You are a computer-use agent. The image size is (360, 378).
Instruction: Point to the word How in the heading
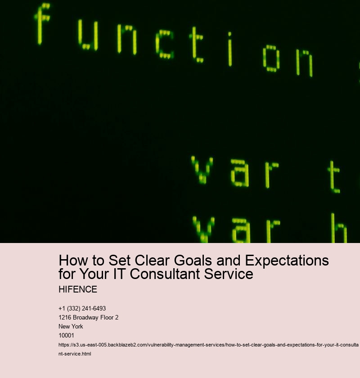tap(72, 261)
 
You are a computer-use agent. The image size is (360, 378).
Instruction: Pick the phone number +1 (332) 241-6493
tap(82, 308)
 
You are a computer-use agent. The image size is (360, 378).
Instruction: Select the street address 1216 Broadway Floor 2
tap(88, 317)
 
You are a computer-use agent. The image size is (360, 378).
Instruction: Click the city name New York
tap(71, 326)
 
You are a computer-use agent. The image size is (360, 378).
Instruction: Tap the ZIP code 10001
tap(66, 335)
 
